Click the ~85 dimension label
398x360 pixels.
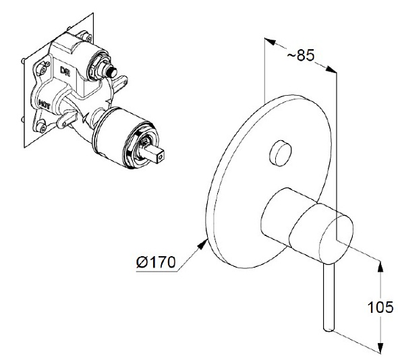[301, 55]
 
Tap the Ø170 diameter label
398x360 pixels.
[156, 262]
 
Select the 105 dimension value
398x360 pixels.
[380, 307]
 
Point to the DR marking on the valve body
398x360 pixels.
[65, 70]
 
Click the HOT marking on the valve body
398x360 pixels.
[44, 104]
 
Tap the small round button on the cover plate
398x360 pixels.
[281, 153]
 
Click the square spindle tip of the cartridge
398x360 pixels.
[156, 154]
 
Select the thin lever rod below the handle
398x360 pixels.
[329, 297]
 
